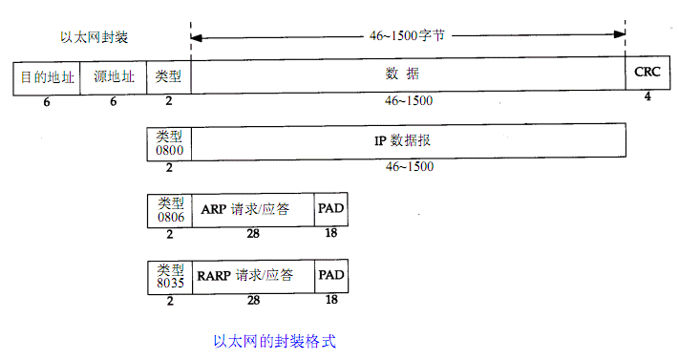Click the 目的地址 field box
tap(47, 76)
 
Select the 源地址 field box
tap(113, 76)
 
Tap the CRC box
tap(647, 72)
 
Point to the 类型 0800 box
tap(169, 142)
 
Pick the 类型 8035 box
tap(169, 275)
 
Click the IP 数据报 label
tap(408, 140)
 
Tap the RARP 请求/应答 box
tap(252, 275)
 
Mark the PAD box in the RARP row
tap(330, 275)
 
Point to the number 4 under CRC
tap(647, 98)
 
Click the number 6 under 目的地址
tap(47, 101)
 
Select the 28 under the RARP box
tap(253, 300)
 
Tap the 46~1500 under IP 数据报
tap(410, 167)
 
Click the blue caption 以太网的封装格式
tap(274, 339)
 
